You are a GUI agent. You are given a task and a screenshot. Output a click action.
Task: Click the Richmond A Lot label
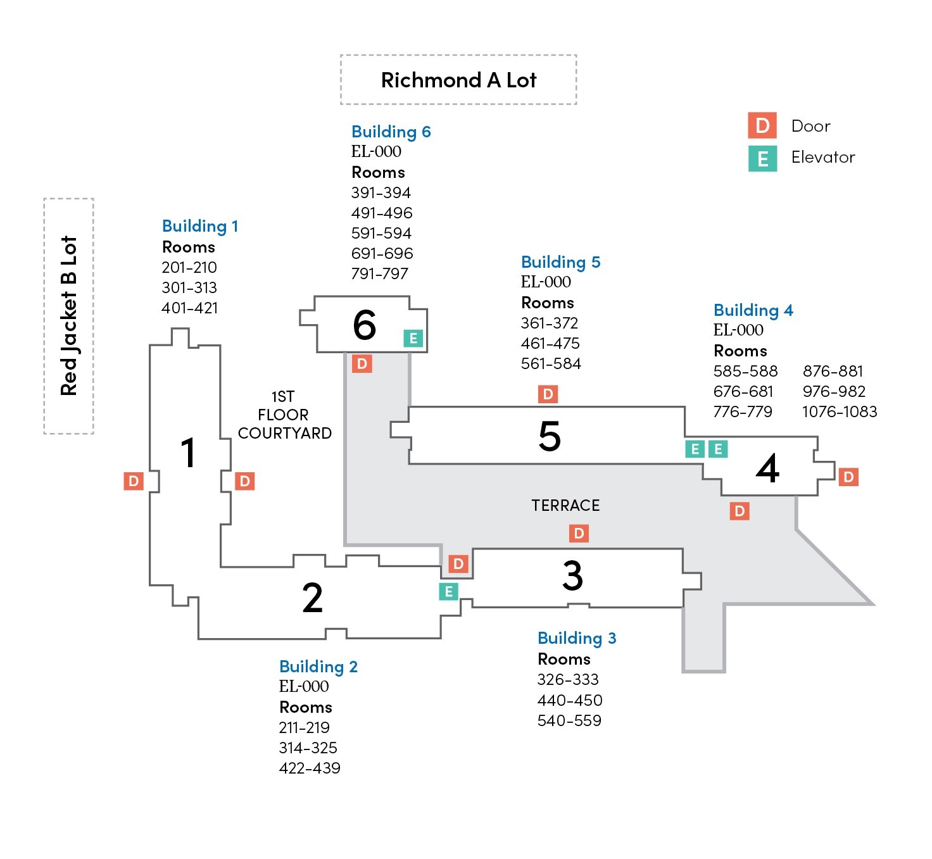coord(458,80)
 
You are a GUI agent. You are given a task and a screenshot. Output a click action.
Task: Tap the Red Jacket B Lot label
coord(69,316)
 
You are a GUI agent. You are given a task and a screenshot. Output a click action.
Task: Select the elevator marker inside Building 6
coord(413,338)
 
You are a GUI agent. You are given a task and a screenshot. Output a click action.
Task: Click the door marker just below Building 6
coord(362,363)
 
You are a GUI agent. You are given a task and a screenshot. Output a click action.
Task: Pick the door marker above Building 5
coord(548,394)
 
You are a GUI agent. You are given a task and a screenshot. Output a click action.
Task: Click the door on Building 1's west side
coord(134,481)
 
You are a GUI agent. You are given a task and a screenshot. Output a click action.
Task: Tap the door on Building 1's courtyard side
coord(244,481)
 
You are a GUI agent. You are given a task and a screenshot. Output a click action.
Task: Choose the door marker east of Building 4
coord(848,477)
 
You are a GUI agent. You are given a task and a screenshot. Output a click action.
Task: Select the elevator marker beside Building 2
coord(449,592)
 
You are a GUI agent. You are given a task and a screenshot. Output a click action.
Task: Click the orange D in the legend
coord(762,126)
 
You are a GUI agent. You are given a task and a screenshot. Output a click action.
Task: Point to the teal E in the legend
coord(762,158)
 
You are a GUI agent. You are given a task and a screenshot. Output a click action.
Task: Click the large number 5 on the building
coord(549,436)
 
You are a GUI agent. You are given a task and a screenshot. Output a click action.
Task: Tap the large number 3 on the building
coord(572,575)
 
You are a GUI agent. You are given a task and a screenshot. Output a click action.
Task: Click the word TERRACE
coord(565,505)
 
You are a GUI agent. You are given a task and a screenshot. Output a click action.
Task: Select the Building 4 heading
coord(753,310)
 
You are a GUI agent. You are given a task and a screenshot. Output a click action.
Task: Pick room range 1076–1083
coord(840,412)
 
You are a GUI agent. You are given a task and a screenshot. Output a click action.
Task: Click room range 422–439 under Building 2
coord(310,768)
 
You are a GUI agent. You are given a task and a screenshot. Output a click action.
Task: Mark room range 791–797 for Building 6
coord(380,274)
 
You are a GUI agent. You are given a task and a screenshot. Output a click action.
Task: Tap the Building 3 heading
coord(577,638)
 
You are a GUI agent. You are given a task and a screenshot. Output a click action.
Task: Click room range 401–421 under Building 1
coord(190,308)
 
